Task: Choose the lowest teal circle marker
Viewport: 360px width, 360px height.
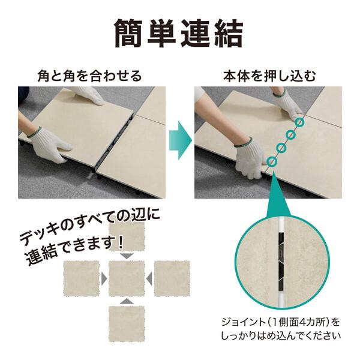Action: point(272,161)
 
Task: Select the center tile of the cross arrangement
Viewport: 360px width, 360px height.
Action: point(127,278)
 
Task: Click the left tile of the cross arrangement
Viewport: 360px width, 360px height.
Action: point(82,278)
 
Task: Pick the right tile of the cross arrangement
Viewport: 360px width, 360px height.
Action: point(172,278)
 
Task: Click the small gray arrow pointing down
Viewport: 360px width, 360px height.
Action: point(127,256)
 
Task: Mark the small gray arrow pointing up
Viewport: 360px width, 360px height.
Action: point(127,301)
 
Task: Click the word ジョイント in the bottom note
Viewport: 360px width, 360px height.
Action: point(236,322)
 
